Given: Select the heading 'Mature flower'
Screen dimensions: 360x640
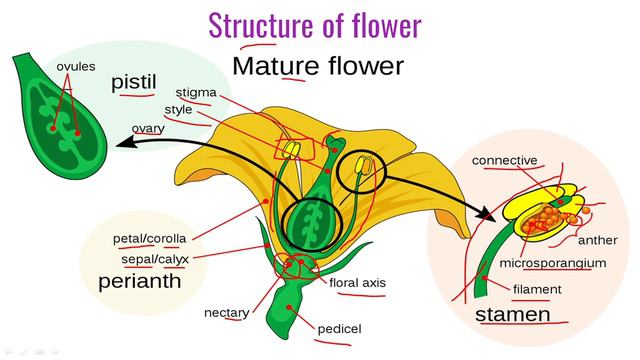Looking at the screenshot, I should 317,67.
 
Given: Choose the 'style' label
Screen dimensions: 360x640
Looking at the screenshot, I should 178,109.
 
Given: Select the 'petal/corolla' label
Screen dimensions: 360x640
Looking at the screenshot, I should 149,239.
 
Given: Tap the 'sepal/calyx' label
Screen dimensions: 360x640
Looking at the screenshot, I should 149,259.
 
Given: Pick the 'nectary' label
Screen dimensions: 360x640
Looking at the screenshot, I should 226,312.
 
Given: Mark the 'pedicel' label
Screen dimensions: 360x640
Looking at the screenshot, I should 339,329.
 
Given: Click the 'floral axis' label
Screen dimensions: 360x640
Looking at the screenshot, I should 357,283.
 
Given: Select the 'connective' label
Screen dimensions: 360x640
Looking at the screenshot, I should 504,160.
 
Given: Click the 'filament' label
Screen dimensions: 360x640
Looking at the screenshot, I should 536,289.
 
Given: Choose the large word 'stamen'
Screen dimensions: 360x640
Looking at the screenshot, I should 512,315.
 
